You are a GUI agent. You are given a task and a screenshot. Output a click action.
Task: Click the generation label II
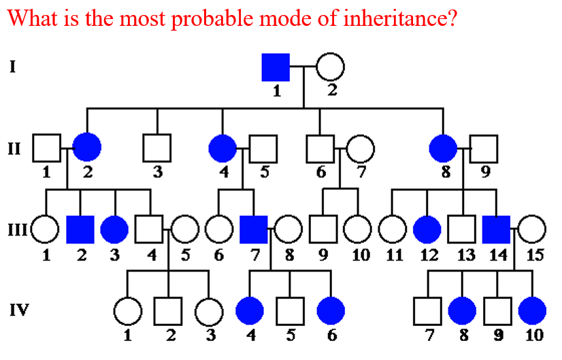coord(14,148)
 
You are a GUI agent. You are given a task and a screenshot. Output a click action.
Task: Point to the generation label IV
coord(18,311)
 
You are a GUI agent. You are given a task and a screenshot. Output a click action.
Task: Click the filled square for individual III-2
coord(80,230)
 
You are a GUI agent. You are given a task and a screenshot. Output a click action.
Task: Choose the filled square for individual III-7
coord(254,230)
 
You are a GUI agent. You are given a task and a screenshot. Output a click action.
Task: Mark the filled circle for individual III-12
coord(427,230)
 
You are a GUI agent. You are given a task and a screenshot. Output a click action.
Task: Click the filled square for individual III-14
coord(496,230)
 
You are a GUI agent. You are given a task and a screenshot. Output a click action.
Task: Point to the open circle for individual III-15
coord(532,230)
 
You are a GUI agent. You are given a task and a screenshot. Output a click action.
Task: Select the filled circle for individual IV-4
coord(249,311)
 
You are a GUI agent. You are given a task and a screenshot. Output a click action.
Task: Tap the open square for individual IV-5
coord(291,311)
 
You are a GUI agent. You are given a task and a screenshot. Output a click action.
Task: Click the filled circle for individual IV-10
coord(531,311)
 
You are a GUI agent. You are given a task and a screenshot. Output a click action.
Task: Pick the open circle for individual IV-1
coord(127,311)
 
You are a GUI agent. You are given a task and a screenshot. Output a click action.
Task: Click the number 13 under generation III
coord(465,256)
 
